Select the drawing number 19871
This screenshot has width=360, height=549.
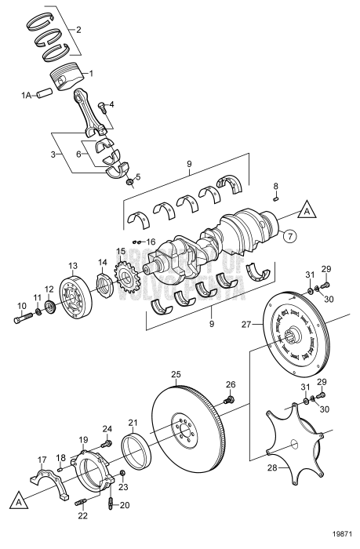pyautogui.click(x=340, y=541)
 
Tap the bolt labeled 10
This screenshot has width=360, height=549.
pyautogui.click(x=22, y=319)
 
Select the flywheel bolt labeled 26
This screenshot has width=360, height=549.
pyautogui.click(x=229, y=401)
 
